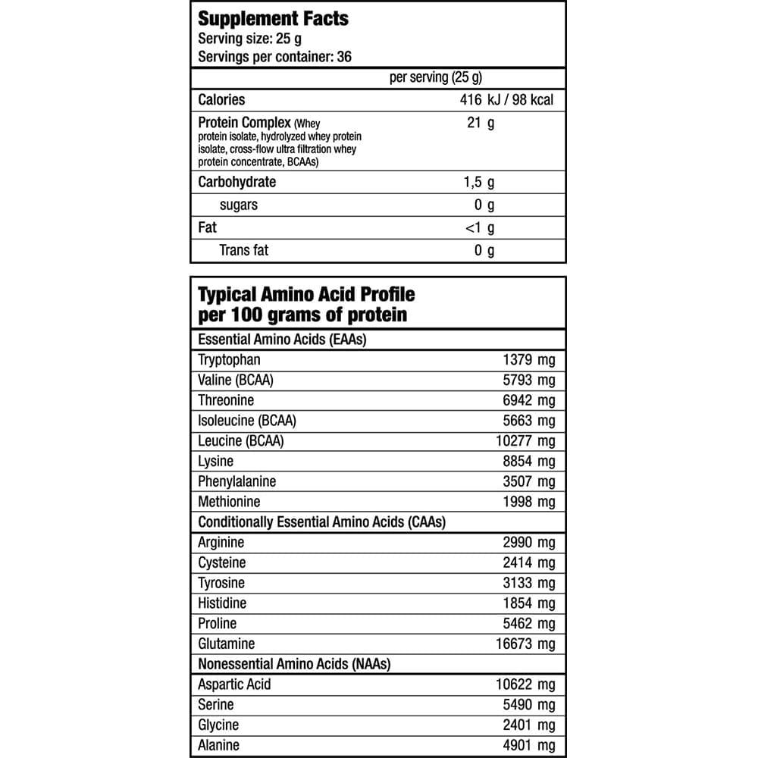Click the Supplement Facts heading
(x=273, y=19)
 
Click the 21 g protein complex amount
(x=481, y=123)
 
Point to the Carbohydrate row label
(x=236, y=182)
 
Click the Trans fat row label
(x=243, y=249)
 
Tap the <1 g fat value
(x=479, y=227)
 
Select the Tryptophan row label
(x=229, y=360)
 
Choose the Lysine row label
(x=216, y=461)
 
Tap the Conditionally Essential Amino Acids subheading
(x=321, y=522)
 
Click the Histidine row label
(x=222, y=603)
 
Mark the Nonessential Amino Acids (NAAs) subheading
(x=294, y=664)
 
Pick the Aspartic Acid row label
(x=234, y=684)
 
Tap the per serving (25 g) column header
(x=435, y=77)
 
